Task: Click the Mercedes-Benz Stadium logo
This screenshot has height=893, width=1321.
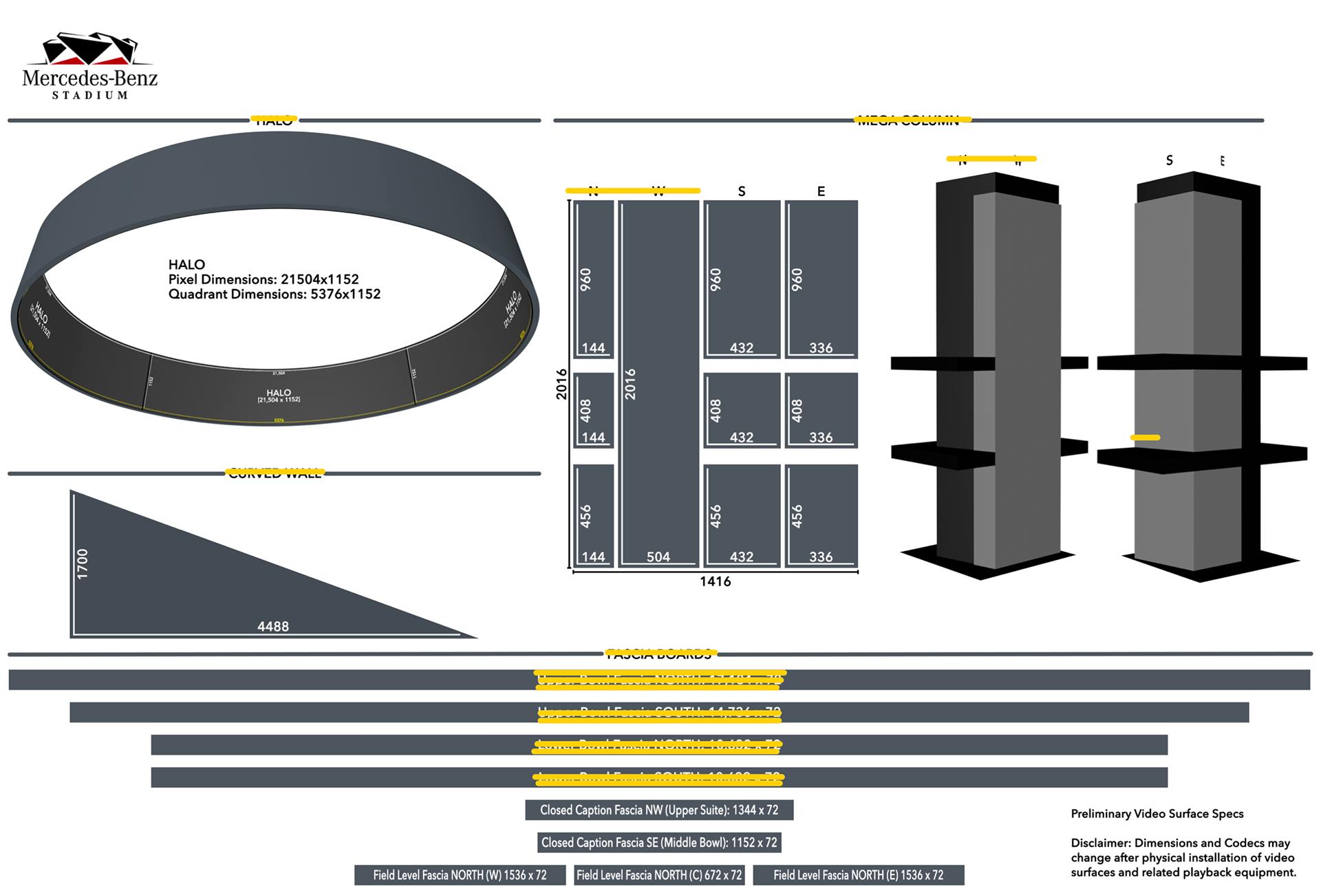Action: tap(90, 66)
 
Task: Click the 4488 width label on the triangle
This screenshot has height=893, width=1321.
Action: tap(273, 627)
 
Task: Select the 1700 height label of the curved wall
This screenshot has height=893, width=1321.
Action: tap(83, 563)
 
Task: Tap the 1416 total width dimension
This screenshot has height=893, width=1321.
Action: tap(715, 582)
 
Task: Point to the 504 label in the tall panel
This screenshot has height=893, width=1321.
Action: tap(658, 557)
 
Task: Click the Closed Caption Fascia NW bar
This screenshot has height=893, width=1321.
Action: tap(659, 810)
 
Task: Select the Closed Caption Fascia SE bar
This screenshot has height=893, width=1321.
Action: tap(659, 843)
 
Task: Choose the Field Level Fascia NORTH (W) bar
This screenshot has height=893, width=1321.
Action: tap(460, 875)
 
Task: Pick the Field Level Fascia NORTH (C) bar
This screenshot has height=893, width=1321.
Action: tap(659, 875)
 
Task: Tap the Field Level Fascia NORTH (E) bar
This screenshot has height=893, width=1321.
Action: tap(858, 875)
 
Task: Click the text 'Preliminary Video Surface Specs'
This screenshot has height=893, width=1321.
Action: tap(1157, 814)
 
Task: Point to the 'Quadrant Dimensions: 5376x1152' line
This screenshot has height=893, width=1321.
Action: tap(274, 294)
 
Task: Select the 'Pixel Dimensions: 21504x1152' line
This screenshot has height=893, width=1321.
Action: tap(264, 279)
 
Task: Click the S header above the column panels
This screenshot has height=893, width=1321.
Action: tap(742, 191)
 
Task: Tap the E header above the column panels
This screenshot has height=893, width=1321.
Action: tap(821, 191)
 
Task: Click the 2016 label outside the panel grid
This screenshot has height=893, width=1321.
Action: tap(561, 384)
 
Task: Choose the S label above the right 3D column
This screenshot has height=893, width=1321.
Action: tap(1169, 160)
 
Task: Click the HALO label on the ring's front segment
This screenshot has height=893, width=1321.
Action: tap(279, 393)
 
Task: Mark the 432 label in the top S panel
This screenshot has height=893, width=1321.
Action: tap(742, 348)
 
